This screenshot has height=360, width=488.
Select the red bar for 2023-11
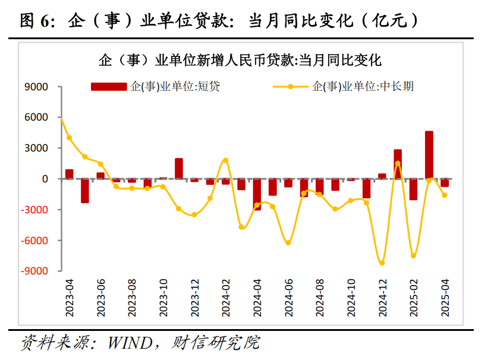pos(178,169)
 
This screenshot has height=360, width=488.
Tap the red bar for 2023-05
pos(85,191)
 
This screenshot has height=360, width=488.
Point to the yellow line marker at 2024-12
pos(382,263)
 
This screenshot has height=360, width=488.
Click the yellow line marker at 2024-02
pos(225,160)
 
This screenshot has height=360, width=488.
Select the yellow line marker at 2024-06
pos(288,242)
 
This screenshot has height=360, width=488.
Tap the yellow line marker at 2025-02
pos(413,256)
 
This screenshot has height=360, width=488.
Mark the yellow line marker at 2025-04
pos(445,195)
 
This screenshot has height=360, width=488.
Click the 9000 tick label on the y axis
pos(37,87)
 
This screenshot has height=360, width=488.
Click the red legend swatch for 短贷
pos(108,87)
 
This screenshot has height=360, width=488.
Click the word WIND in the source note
pos(128,343)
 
